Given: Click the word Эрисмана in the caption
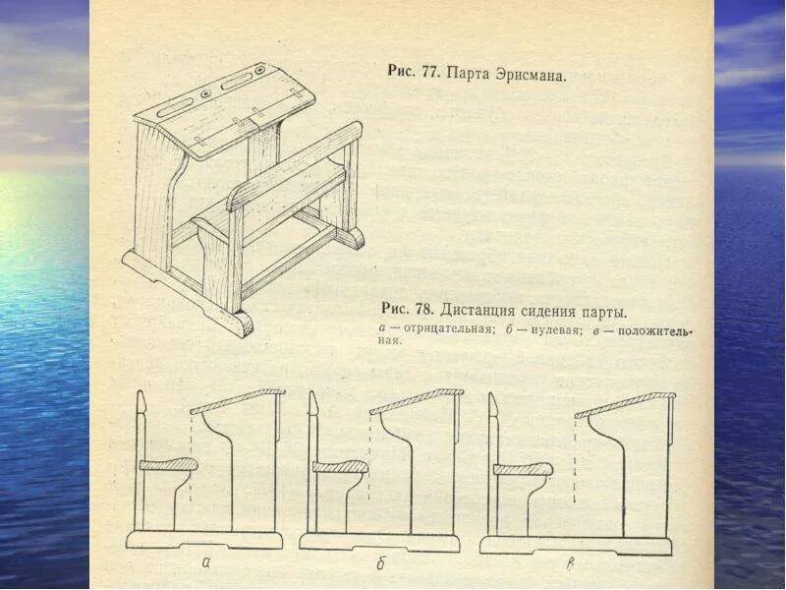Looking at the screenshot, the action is coord(532,74).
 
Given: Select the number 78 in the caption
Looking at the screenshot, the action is coord(423,312).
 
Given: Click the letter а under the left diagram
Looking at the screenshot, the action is coord(205,562).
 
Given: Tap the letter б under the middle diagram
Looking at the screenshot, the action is coord(379,563).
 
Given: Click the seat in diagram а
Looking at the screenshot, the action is coord(168,465).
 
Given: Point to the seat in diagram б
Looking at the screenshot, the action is coord(340,467).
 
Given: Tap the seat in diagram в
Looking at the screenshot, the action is coord(522,469).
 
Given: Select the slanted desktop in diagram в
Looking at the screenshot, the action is coord(625,403).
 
